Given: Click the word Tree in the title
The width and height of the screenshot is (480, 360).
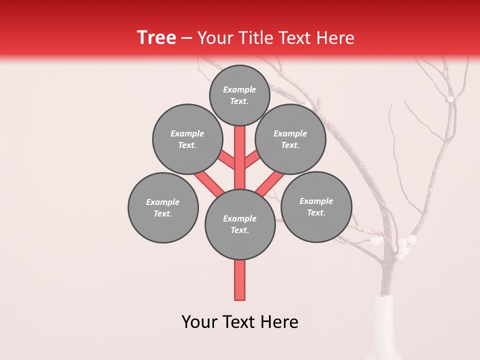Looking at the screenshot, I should pyautogui.click(x=156, y=38).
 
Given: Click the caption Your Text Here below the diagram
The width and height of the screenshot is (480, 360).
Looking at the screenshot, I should pyautogui.click(x=240, y=322).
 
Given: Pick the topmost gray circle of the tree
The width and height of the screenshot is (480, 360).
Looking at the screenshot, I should pyautogui.click(x=239, y=95).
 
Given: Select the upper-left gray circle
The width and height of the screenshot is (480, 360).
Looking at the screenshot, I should pyautogui.click(x=187, y=139).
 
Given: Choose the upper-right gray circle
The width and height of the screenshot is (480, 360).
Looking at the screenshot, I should pyautogui.click(x=290, y=139).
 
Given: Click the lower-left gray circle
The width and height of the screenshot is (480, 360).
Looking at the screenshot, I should pyautogui.click(x=163, y=207).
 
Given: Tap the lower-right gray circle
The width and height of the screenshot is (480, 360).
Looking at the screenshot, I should pyautogui.click(x=316, y=206).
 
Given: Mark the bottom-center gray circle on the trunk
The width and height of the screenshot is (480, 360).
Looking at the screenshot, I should pyautogui.click(x=240, y=224).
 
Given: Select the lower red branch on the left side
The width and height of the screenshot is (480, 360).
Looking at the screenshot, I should pyautogui.click(x=209, y=183).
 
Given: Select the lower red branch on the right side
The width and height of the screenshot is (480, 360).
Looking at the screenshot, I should pyautogui.click(x=270, y=183).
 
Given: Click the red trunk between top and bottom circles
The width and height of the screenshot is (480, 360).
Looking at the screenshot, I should pyautogui.click(x=240, y=150).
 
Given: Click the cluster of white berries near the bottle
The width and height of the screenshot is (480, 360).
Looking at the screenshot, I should pyautogui.click(x=405, y=246).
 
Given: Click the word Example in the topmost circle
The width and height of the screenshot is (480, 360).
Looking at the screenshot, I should pyautogui.click(x=239, y=89).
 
